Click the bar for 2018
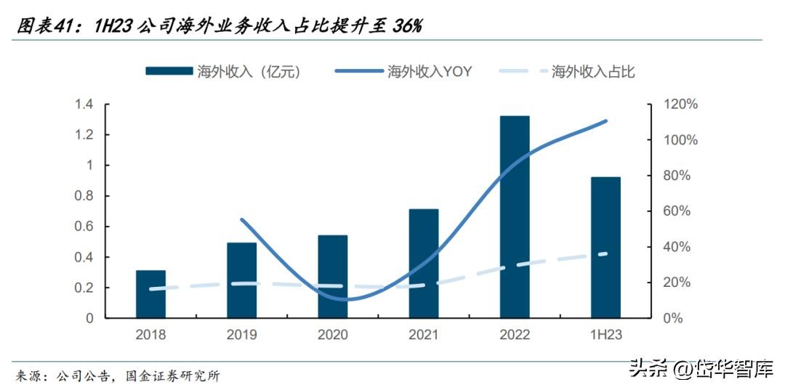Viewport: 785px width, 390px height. pyautogui.click(x=150, y=294)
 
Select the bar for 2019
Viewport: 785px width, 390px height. pyautogui.click(x=241, y=280)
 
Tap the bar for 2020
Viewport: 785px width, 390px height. pyautogui.click(x=332, y=277)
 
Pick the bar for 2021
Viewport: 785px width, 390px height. pyautogui.click(x=423, y=264)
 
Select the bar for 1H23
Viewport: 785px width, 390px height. pyautogui.click(x=605, y=247)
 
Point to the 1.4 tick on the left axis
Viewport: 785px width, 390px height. pyautogui.click(x=84, y=105)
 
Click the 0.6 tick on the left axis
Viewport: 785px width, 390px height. pyautogui.click(x=84, y=227)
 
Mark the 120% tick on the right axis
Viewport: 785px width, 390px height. pyautogui.click(x=681, y=105)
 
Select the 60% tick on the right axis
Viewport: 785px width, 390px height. pyautogui.click(x=681, y=211)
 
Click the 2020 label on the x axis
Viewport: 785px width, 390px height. pyautogui.click(x=332, y=335)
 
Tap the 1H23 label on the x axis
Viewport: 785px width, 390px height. pyautogui.click(x=605, y=335)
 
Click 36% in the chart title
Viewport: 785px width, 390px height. pyautogui.click(x=408, y=26)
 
